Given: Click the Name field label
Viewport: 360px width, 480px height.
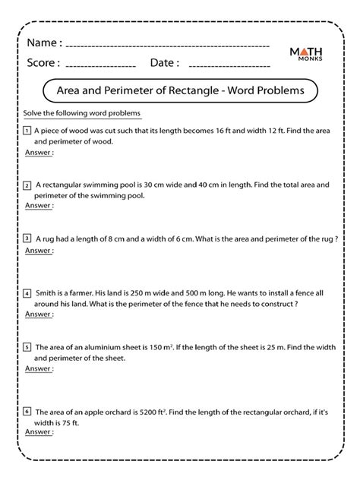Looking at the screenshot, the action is click(x=44, y=43).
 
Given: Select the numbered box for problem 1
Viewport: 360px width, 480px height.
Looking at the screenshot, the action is click(x=27, y=130).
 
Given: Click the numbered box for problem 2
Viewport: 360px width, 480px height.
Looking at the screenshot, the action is click(x=27, y=184).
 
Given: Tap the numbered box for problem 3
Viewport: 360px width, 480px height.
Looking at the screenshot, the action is click(x=27, y=238).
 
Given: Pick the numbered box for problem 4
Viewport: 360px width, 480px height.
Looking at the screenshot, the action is click(x=27, y=292).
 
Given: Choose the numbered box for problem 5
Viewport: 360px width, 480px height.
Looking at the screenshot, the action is click(x=27, y=346).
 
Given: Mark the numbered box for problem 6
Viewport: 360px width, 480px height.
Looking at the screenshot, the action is click(x=27, y=411).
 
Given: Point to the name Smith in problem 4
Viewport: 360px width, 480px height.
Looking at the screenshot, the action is click(x=47, y=293).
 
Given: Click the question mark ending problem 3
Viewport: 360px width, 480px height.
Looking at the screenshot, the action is click(x=335, y=238).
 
